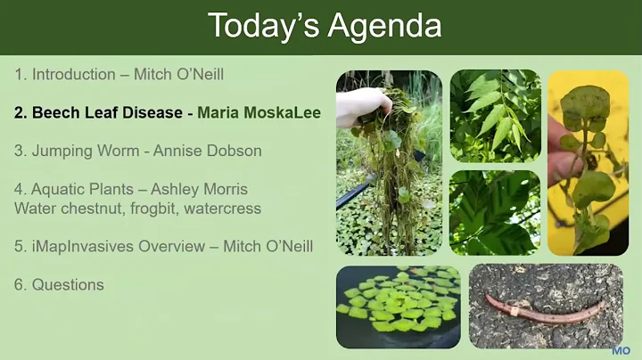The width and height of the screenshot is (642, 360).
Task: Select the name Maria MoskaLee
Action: pyautogui.click(x=259, y=113)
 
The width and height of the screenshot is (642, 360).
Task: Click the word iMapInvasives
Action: pyautogui.click(x=78, y=246)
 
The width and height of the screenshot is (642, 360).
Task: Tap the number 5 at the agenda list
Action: pyautogui.click(x=19, y=246)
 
